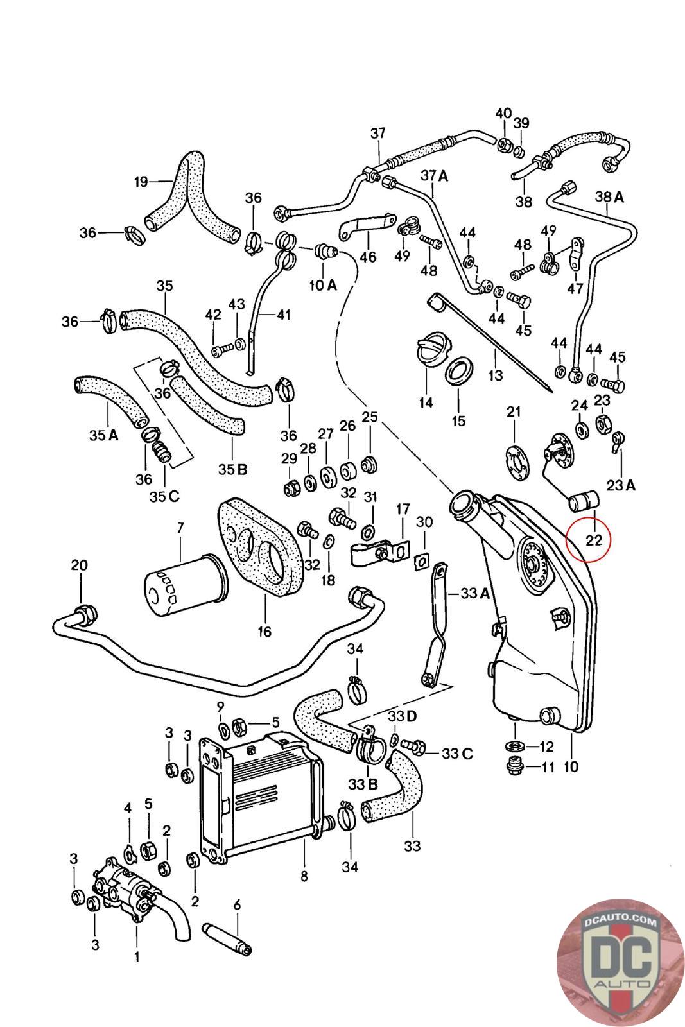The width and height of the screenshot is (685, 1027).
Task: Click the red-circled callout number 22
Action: [594, 540]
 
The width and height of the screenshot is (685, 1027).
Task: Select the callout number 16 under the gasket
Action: [264, 632]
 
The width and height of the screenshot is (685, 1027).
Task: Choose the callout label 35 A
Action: [104, 435]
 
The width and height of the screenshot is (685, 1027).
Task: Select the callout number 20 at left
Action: [80, 565]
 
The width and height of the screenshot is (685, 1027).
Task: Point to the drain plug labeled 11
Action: [514, 766]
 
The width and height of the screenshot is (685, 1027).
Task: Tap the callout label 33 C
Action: [456, 753]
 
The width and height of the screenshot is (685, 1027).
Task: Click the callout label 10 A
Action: [323, 285]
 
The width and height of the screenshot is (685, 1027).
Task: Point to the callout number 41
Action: [283, 315]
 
